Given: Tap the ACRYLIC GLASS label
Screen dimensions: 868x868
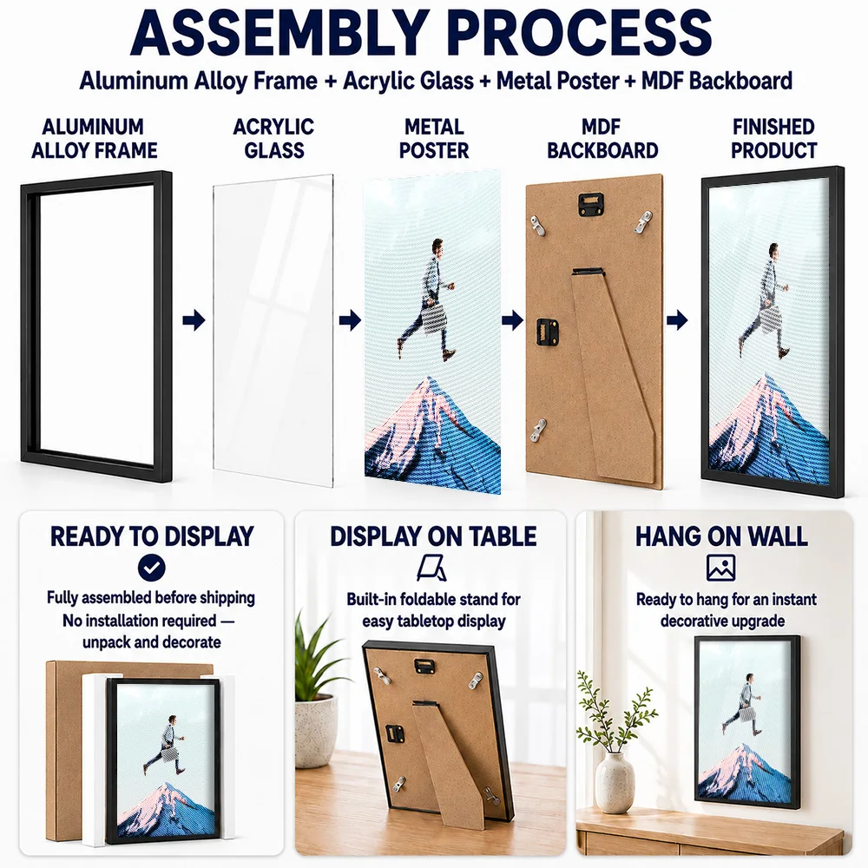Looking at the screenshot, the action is pyautogui.click(x=273, y=138).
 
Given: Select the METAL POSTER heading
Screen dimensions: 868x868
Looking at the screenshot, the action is pyautogui.click(x=434, y=138).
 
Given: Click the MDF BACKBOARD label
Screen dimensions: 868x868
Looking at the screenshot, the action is pyautogui.click(x=602, y=138).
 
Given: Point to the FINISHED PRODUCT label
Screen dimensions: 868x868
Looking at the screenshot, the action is pyautogui.click(x=773, y=138).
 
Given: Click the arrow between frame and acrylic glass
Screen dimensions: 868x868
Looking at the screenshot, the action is pyautogui.click(x=194, y=319).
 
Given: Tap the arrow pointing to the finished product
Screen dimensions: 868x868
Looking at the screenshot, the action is pyautogui.click(x=677, y=319).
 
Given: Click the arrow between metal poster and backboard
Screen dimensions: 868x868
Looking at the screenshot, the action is pyautogui.click(x=513, y=319).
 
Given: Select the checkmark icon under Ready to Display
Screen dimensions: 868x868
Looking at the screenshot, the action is pyautogui.click(x=152, y=568).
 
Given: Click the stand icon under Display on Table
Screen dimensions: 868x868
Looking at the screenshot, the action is pyautogui.click(x=432, y=568).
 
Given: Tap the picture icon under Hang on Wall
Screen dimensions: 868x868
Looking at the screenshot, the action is pyautogui.click(x=720, y=568).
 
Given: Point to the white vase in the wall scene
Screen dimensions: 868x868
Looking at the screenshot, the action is pyautogui.click(x=615, y=782).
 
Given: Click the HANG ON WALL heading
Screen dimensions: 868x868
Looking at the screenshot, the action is pyautogui.click(x=721, y=536).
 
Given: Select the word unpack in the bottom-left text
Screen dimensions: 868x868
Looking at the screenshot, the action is pyautogui.click(x=106, y=642).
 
